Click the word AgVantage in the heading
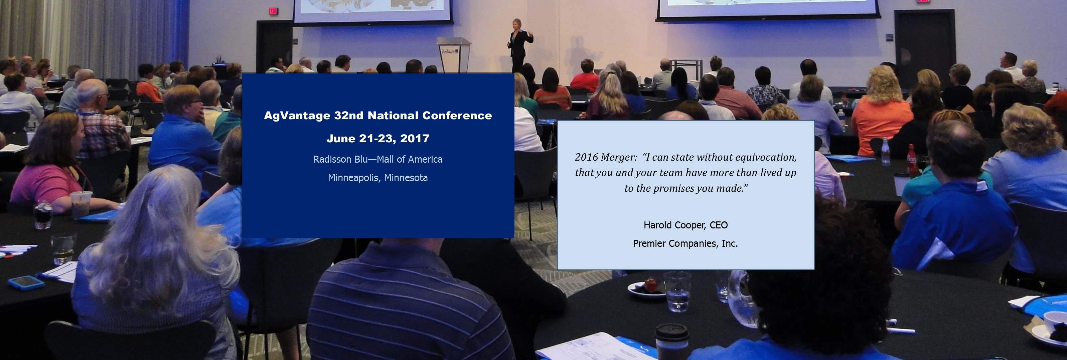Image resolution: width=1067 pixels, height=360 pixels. tap(297, 116)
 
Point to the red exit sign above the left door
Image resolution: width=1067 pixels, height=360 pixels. tap(274, 11)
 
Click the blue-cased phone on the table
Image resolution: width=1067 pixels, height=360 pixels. tap(26, 282)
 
